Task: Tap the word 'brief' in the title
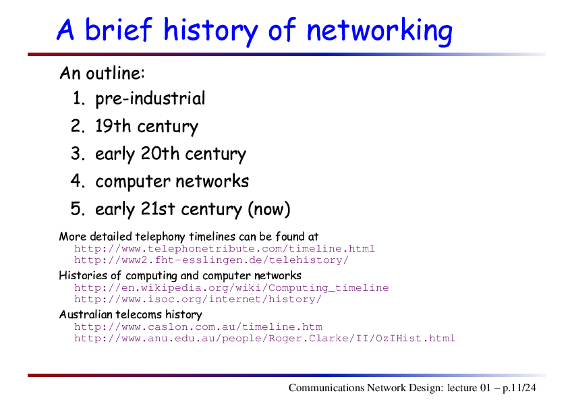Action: (x=119, y=29)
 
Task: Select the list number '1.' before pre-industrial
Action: (x=79, y=98)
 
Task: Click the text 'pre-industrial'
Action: (x=150, y=99)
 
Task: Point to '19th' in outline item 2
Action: (x=112, y=126)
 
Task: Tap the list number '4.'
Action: (x=78, y=181)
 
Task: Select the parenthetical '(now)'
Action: (x=269, y=209)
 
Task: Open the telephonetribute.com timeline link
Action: (x=225, y=249)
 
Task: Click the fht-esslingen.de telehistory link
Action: (x=211, y=260)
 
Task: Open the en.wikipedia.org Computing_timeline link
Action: (x=231, y=288)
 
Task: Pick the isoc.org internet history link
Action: (x=198, y=299)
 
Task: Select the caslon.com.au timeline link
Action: (x=198, y=327)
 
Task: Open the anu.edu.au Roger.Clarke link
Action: (x=264, y=339)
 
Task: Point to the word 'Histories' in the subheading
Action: (x=83, y=276)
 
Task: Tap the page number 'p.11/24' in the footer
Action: (x=519, y=388)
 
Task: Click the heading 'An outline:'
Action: (x=102, y=73)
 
